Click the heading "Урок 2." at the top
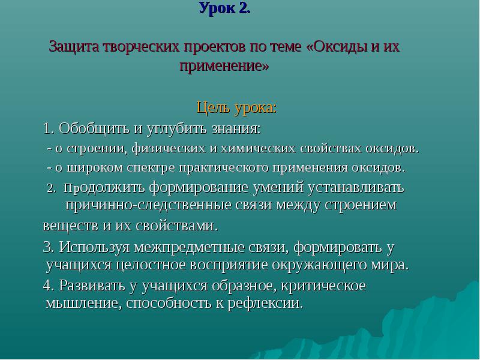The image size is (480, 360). point(225,8)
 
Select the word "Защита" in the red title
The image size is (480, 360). point(74,47)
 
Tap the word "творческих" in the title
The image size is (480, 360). point(141,47)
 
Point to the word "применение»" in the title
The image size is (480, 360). point(224,66)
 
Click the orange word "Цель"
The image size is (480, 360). point(214,108)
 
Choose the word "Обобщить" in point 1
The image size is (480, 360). point(94,128)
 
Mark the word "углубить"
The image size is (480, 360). point(178,129)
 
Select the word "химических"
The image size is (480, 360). point(258,148)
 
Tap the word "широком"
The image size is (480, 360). point(95,168)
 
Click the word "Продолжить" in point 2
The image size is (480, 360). point(104,188)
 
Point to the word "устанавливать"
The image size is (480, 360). point(356,187)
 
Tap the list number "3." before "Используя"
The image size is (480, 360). point(49,247)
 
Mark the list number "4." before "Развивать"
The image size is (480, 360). point(49,286)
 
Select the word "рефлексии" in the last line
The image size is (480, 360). point(265,303)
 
